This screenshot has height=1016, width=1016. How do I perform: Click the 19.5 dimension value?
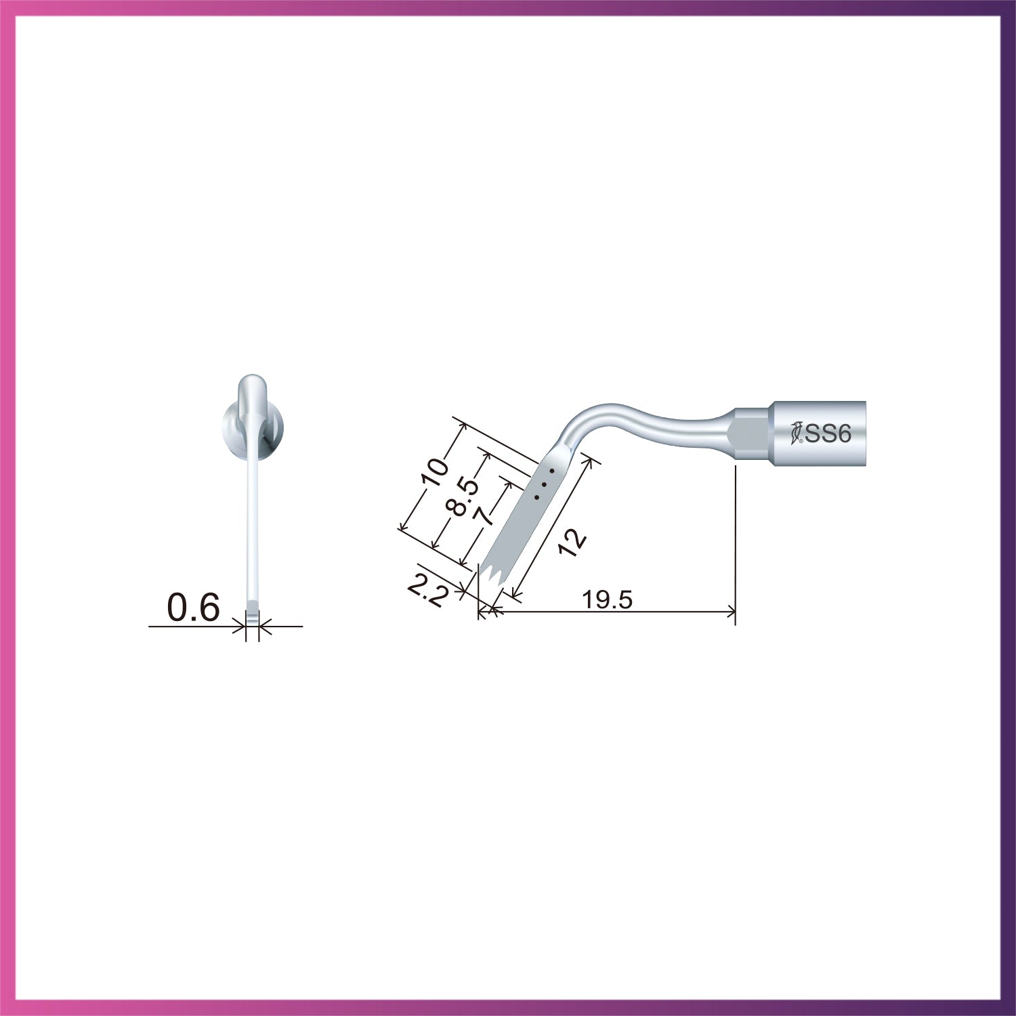(x=606, y=599)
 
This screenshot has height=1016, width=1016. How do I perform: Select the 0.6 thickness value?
(x=194, y=608)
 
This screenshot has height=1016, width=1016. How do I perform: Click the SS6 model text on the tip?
(x=828, y=433)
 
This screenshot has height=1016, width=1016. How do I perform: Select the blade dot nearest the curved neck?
(x=552, y=469)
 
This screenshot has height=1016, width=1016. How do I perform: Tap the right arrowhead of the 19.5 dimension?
(x=732, y=612)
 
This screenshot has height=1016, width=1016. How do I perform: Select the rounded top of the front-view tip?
(x=253, y=381)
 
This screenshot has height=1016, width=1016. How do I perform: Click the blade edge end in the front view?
(x=253, y=616)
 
